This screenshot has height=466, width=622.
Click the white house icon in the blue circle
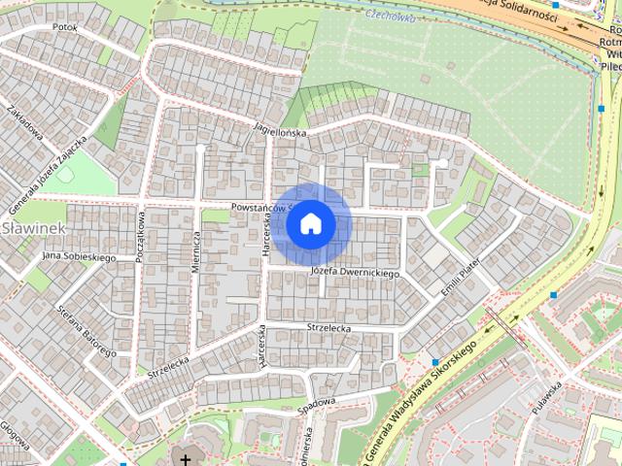click(311, 224)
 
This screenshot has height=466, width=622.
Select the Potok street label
click(65, 27)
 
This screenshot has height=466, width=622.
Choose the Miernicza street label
click(196, 251)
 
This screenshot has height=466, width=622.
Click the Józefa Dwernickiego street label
click(355, 274)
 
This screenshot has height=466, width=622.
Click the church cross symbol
click(185, 458)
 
